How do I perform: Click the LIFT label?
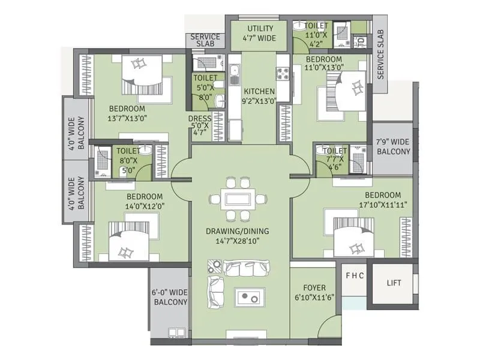click(x=394, y=283)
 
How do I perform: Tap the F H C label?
click(x=354, y=276)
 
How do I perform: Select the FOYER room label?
click(x=314, y=288)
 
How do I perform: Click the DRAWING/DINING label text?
click(x=238, y=231)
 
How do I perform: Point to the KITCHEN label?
click(x=259, y=92)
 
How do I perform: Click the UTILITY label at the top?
click(x=259, y=29)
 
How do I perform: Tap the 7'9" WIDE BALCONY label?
click(x=394, y=147)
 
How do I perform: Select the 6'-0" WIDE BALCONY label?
click(x=170, y=297)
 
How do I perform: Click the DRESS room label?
click(x=200, y=119)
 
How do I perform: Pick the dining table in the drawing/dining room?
click(x=238, y=198)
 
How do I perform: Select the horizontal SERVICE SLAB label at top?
click(x=205, y=41)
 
